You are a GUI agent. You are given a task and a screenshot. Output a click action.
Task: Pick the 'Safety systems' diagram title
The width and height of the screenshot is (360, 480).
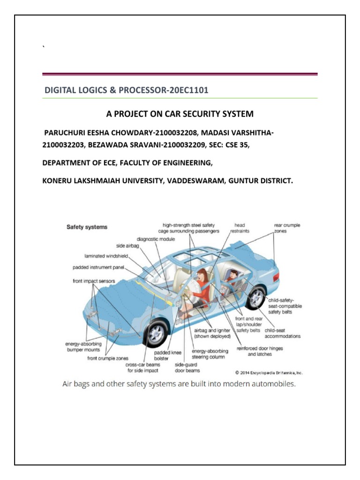(x=87, y=227)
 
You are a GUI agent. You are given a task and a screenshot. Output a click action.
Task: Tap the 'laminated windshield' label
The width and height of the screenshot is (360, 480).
(x=107, y=256)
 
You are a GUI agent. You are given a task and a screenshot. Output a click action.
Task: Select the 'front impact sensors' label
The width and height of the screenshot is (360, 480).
(x=94, y=281)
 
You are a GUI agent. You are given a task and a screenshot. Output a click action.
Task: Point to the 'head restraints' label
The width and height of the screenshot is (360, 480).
(x=240, y=228)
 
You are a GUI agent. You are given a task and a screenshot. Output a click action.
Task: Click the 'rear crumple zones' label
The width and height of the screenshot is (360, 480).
(x=287, y=228)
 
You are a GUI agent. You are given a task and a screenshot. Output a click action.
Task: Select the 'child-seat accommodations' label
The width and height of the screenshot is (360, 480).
(x=282, y=333)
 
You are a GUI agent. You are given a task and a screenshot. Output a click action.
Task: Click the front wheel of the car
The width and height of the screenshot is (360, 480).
(x=155, y=334)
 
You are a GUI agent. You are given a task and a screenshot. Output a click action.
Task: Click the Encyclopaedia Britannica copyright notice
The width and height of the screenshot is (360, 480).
(x=269, y=373)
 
